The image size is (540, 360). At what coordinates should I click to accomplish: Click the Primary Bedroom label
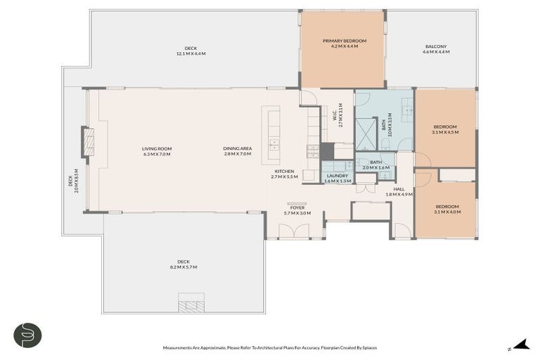345,41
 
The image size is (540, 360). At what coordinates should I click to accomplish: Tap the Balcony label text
435,46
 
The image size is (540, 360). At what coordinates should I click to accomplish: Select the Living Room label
157,148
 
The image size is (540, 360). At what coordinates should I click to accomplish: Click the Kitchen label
284,172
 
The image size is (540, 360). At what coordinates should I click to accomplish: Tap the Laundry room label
337,175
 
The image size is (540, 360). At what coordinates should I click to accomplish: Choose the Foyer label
297,207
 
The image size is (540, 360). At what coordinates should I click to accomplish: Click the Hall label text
399,188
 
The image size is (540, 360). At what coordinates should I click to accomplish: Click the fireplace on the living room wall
88,141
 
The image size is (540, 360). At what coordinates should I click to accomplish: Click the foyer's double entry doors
295,231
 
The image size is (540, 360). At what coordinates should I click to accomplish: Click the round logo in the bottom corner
27,335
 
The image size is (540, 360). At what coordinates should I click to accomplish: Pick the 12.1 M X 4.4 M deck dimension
191,53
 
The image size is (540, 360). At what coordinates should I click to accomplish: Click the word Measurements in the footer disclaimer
180,348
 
